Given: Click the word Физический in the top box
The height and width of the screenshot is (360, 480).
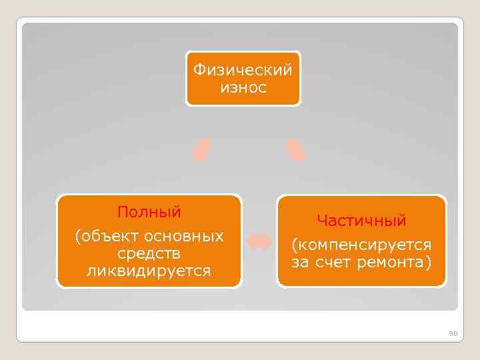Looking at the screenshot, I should coord(243,69).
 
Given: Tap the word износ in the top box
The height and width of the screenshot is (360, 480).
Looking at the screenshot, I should coord(243,87).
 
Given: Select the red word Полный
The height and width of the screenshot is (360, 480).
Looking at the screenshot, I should coord(149,213).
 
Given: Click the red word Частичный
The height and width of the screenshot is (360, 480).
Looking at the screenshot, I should coord(361,220).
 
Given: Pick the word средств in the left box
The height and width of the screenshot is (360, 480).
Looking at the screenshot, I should coord(149,254).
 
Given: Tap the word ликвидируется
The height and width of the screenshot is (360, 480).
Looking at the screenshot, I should coord(149,271).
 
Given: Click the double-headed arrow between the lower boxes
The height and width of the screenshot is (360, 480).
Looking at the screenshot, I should coord(260,241).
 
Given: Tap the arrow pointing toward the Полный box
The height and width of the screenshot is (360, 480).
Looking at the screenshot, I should coord(201,150).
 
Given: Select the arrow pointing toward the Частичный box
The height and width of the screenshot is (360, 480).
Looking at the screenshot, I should coord(295,150).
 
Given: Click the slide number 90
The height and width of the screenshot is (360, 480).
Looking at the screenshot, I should coord(453,333).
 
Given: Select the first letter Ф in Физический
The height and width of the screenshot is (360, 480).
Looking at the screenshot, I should coord(197,69).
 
